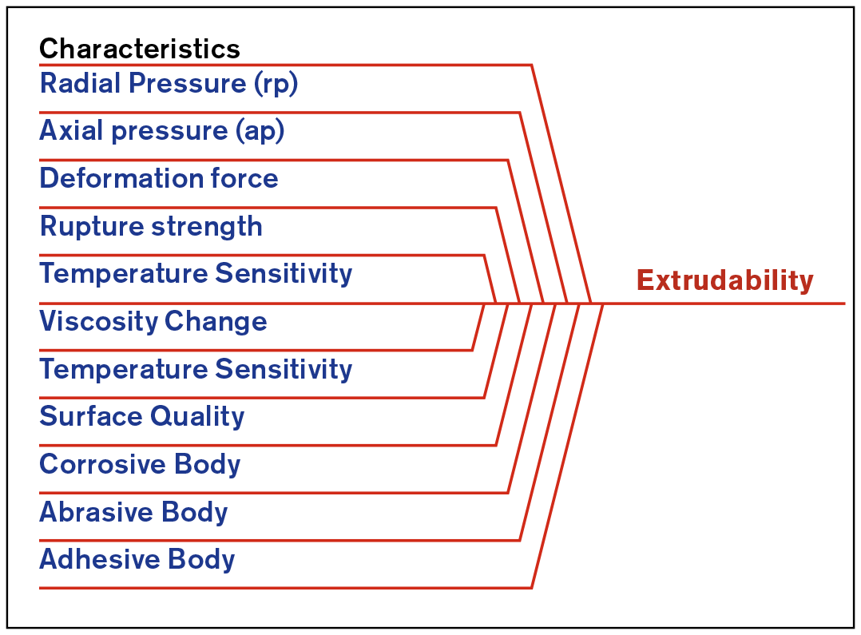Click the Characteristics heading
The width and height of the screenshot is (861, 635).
point(140,49)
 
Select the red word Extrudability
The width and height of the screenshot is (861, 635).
point(725,280)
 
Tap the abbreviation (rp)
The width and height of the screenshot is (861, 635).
point(276,84)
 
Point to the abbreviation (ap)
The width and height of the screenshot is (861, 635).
point(260,132)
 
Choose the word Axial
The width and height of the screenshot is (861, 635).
point(71,131)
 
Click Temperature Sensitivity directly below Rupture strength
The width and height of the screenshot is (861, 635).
point(196,274)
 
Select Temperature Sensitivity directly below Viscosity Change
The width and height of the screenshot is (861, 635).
point(196,369)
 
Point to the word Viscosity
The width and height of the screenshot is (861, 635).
point(98,322)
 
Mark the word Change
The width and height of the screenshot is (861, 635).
point(216,322)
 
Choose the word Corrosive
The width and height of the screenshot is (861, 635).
point(102,464)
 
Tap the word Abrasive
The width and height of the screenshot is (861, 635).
point(96,512)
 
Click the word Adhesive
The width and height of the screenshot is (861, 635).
point(99,559)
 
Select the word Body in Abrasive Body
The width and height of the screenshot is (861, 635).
point(194,513)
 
